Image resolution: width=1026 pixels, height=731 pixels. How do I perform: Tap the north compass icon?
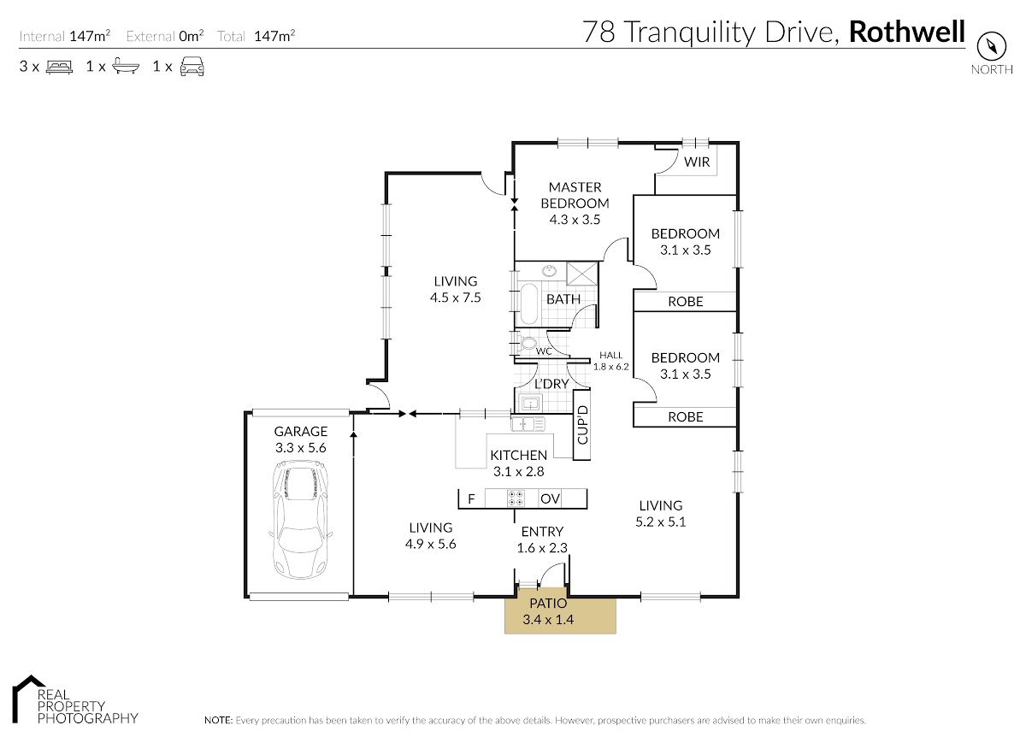[992, 47]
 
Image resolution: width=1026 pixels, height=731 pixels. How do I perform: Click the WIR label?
[697, 162]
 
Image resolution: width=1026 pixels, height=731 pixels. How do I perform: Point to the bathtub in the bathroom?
[529, 304]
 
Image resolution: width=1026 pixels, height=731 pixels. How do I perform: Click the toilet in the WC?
[528, 344]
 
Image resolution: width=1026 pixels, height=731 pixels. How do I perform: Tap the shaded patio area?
[560, 610]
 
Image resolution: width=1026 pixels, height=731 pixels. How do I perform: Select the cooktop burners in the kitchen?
[516, 498]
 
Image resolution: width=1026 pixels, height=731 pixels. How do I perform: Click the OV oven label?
[550, 498]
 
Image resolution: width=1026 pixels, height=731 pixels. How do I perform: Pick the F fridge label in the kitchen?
[471, 498]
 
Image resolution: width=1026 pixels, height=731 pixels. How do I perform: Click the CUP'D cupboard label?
[582, 425]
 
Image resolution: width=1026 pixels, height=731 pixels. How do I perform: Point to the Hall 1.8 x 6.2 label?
[611, 361]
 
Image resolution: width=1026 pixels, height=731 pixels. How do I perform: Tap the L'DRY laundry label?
[551, 383]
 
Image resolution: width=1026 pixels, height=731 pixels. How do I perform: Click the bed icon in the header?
[60, 67]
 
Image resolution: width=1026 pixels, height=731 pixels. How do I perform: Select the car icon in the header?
[192, 67]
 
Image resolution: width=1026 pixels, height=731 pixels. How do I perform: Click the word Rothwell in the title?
[907, 32]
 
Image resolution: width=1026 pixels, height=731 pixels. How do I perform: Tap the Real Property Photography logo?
[74, 700]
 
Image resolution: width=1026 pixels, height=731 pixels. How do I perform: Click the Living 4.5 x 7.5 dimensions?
[455, 298]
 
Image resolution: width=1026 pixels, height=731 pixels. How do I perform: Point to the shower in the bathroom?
[581, 274]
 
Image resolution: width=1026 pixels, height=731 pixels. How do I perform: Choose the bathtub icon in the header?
[126, 67]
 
